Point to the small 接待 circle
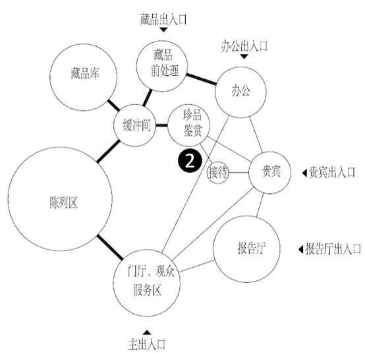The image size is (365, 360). pos(217,173)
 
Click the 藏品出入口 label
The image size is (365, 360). pos(163,19)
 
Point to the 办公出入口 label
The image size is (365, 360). pos(244,45)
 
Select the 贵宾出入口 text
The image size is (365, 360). pos(331,172)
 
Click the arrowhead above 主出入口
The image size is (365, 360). pos(146,332)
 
